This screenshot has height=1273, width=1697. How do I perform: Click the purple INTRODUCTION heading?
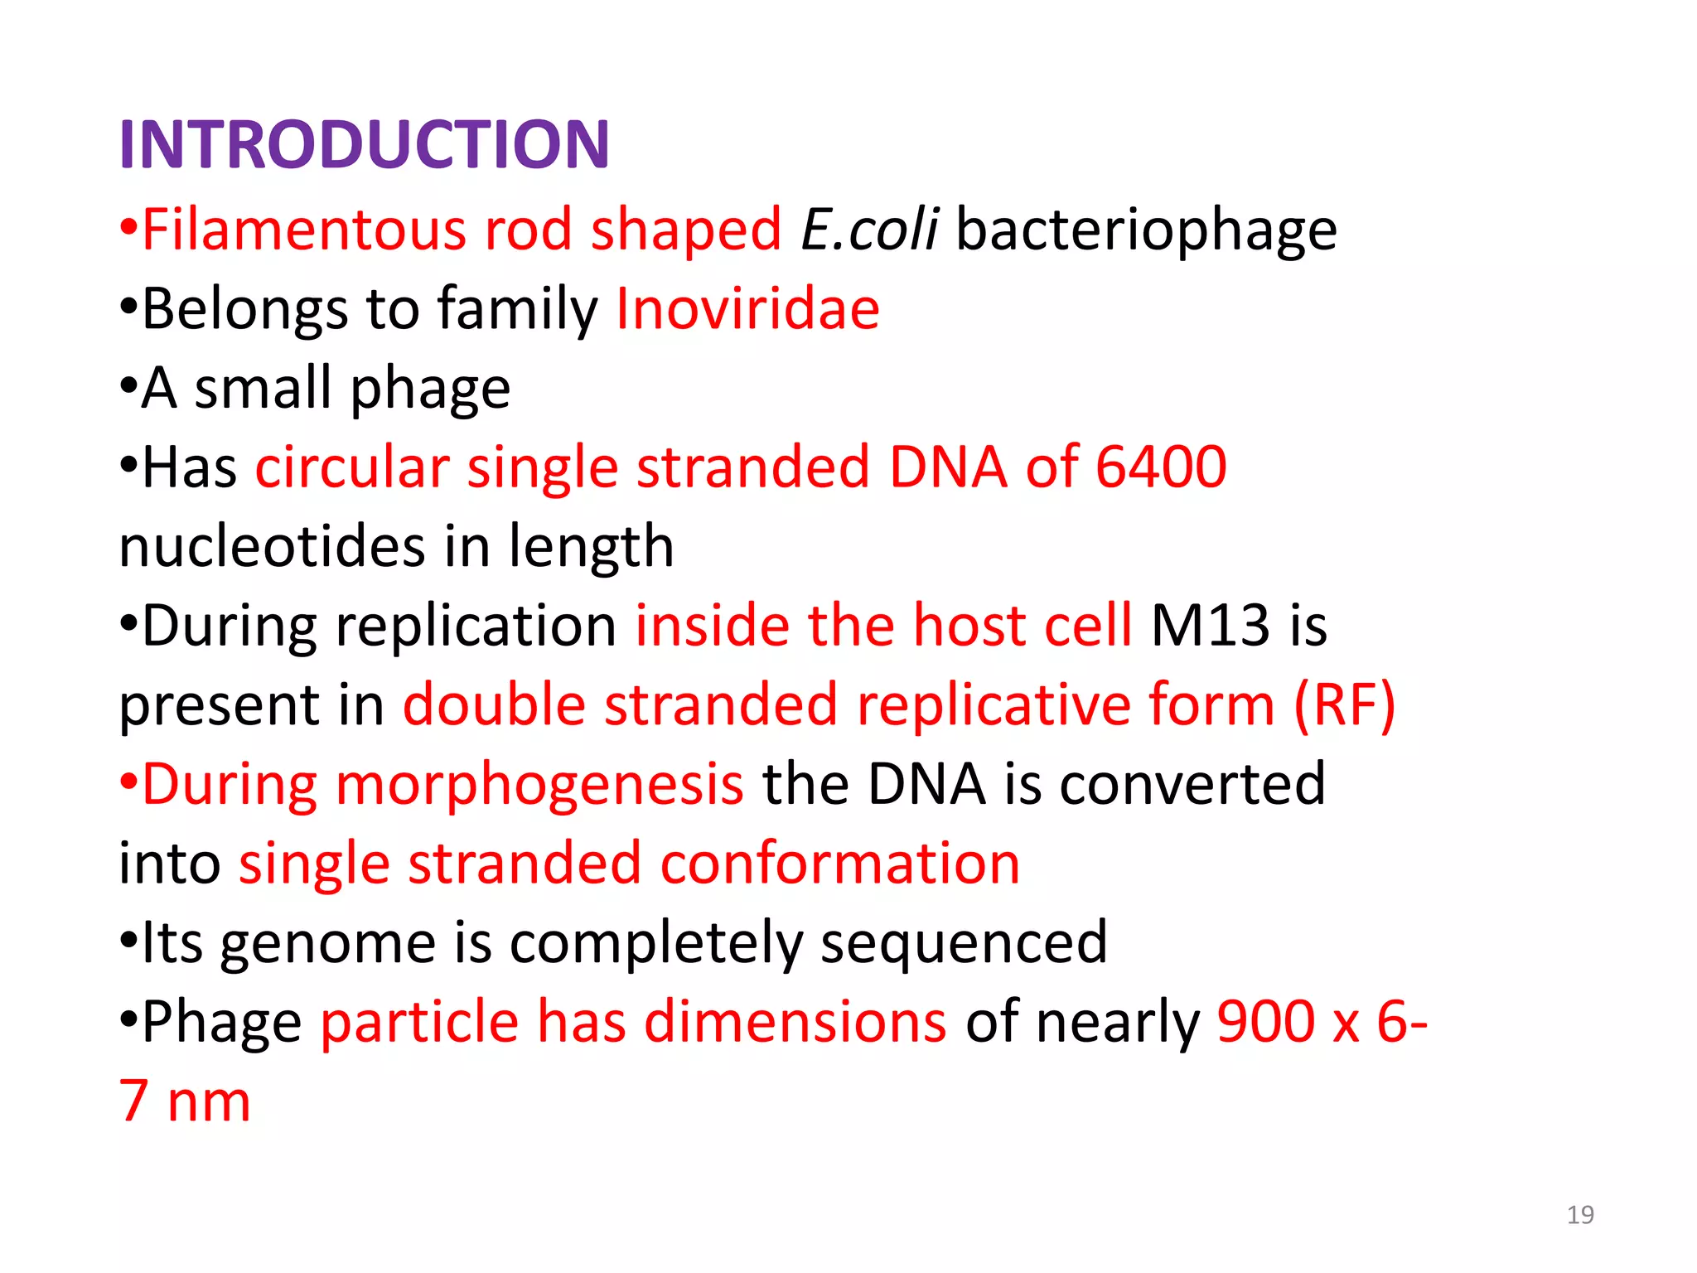click(365, 145)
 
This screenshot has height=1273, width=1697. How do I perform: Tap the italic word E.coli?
click(869, 230)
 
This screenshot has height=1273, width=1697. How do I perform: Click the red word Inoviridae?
click(747, 309)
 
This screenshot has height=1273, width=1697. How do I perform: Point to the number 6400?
click(1160, 467)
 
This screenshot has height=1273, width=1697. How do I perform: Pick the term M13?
click(1210, 626)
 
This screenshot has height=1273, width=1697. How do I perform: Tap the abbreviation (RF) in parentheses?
click(1344, 705)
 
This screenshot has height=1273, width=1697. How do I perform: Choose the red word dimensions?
click(795, 1022)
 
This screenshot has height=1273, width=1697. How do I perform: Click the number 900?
click(1265, 1022)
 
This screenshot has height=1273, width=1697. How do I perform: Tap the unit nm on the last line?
click(209, 1102)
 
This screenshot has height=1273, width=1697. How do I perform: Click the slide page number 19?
click(1580, 1215)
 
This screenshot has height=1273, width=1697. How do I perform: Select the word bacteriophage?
click(1146, 230)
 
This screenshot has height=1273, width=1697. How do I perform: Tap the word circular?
click(352, 467)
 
